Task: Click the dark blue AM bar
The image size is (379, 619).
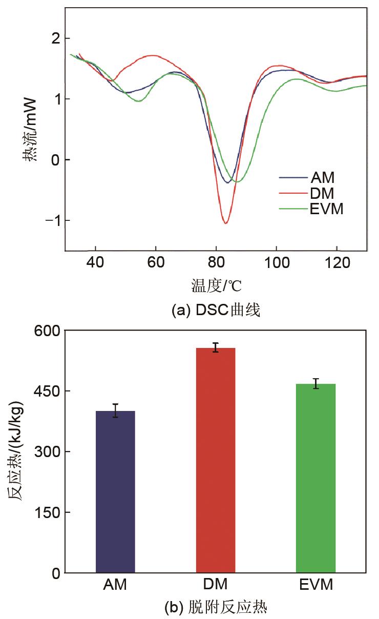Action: point(115,491)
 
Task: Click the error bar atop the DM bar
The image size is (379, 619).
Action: point(216,347)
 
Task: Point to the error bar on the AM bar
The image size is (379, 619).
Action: point(115,410)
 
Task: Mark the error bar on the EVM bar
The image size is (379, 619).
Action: point(315,383)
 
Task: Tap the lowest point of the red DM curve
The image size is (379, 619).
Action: point(225,223)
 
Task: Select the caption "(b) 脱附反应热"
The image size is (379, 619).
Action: point(216,608)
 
